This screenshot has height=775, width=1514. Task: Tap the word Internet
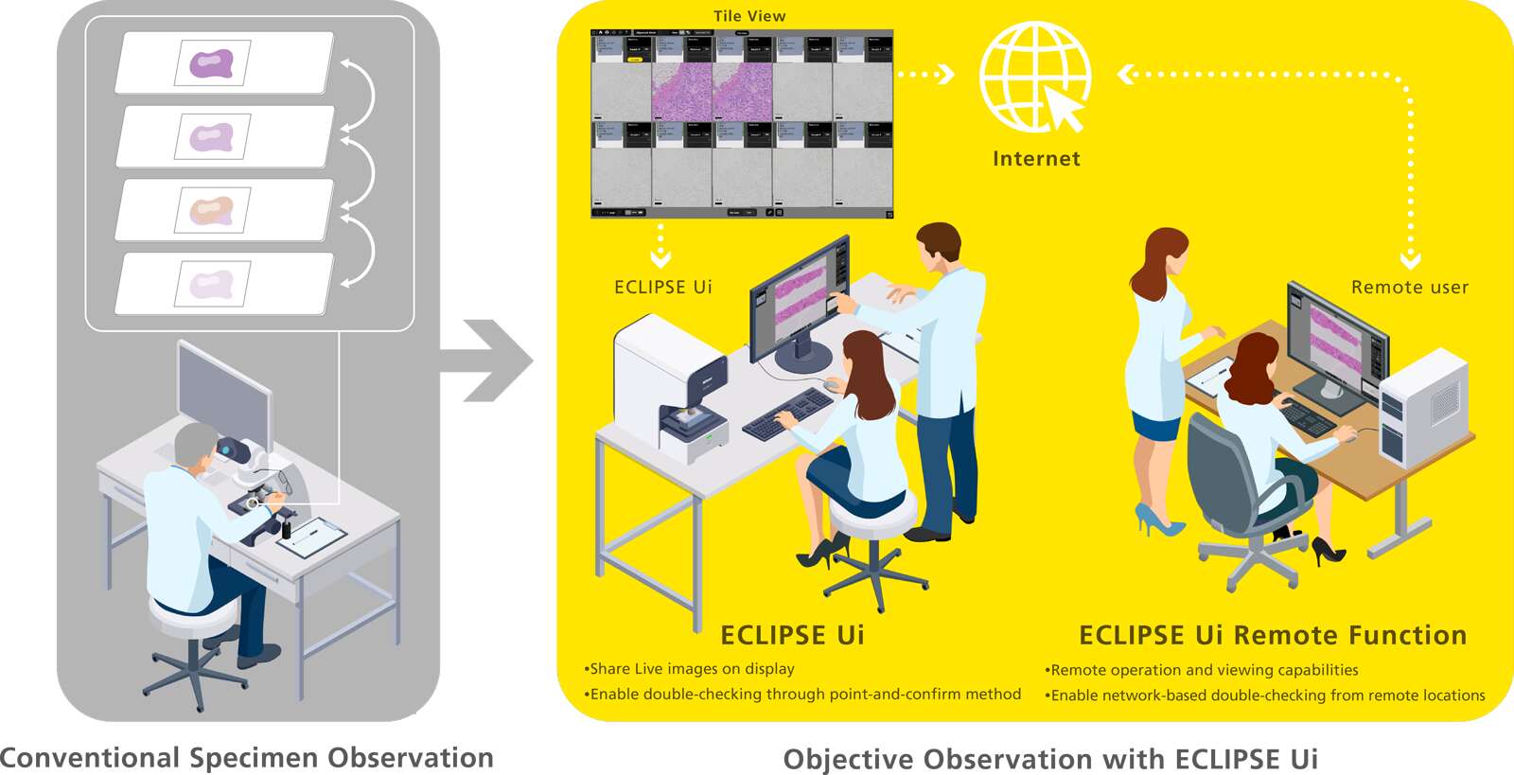[1036, 159]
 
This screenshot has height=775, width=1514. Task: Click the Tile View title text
[749, 16]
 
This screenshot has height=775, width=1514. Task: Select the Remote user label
[1409, 288]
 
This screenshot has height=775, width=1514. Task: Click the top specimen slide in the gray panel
[224, 63]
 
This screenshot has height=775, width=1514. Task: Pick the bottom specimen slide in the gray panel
[224, 283]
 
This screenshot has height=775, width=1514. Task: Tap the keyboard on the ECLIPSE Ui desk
[786, 414]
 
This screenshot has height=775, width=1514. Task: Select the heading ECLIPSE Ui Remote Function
[1273, 635]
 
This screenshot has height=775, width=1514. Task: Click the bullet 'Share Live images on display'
[690, 669]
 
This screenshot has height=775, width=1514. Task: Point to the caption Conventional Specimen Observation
[247, 758]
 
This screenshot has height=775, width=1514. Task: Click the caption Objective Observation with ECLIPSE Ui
[1050, 759]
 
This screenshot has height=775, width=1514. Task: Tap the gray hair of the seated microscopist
[194, 441]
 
